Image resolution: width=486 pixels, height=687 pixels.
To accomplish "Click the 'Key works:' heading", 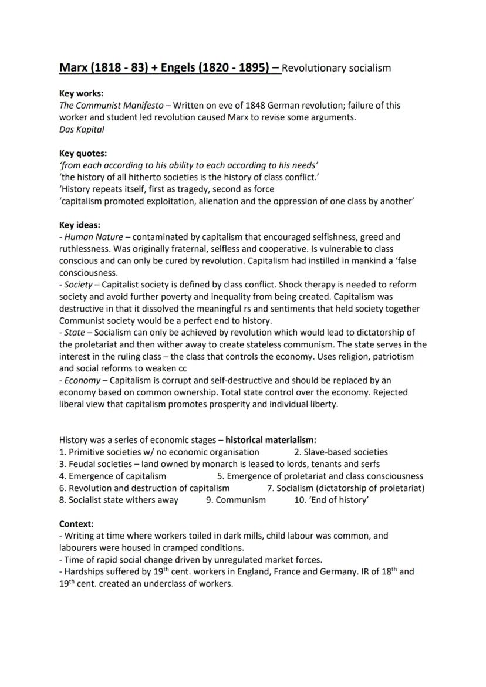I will click(82, 93).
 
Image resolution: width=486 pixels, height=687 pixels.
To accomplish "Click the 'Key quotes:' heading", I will click(83, 154).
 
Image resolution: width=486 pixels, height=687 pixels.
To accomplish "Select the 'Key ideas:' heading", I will click(80, 225).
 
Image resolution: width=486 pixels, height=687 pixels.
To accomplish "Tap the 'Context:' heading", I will click(76, 523).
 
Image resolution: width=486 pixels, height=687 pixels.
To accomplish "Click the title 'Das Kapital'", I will click(82, 130).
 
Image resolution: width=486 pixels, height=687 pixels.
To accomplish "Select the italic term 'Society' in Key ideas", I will click(78, 285).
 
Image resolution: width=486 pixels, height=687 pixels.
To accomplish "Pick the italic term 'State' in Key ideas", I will click(75, 333).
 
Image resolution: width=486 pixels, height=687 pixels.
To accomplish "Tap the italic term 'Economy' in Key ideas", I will click(82, 380).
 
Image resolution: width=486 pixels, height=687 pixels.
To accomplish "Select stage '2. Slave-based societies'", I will click(340, 452).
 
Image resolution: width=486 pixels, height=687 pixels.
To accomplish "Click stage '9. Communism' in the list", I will click(235, 500).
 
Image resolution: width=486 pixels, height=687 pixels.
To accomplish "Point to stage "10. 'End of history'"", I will click(331, 500).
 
